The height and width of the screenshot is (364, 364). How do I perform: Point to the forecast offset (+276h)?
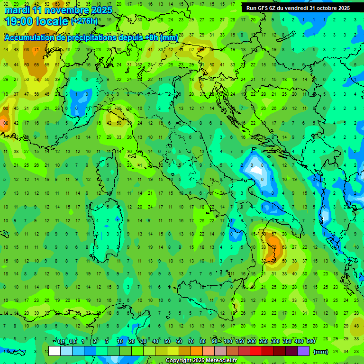(x=84, y=21)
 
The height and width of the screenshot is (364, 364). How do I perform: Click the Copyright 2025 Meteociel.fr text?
(x=201, y=360)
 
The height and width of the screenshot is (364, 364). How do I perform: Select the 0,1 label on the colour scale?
(x=61, y=342)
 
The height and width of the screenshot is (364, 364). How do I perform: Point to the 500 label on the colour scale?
(x=310, y=342)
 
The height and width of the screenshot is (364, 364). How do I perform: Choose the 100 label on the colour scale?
(x=227, y=342)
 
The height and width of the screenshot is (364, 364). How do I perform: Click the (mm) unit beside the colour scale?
(x=321, y=352)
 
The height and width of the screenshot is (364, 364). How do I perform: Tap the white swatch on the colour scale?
(x=55, y=351)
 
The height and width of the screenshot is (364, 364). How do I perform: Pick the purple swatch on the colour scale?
(x=303, y=351)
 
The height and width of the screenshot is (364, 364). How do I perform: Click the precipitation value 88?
(x=6, y=123)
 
